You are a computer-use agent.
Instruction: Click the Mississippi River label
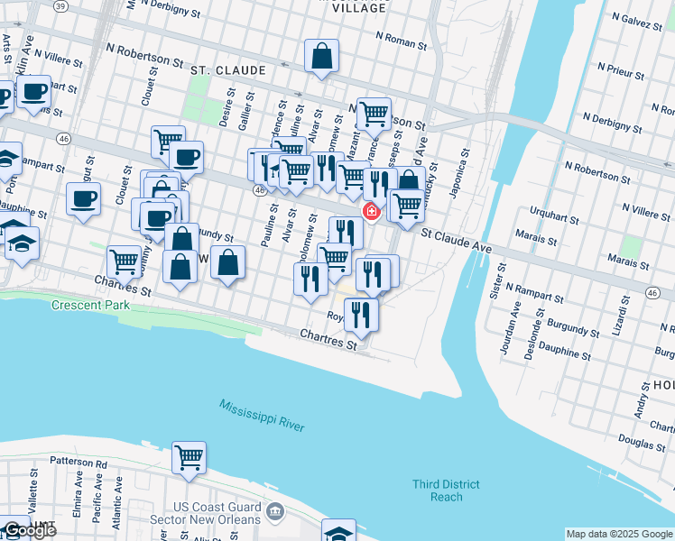coord(262,416)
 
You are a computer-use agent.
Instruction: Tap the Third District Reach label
coord(438,491)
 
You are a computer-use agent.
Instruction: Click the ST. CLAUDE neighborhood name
coord(227,69)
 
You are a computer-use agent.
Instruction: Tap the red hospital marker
coord(371,211)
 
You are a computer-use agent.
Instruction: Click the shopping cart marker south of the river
coord(189,458)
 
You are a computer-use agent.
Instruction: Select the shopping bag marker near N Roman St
coord(321,57)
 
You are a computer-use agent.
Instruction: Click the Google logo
coord(29,530)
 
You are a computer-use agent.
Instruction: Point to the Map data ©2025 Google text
coord(619,534)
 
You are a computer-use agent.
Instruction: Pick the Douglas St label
coord(642,444)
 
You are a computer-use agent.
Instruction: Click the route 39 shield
coord(60,5)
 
